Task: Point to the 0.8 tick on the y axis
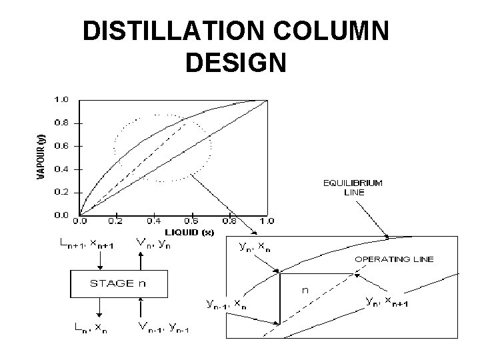[x=61, y=122]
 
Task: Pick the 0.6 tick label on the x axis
[x=191, y=221]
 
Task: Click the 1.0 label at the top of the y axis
[x=61, y=99]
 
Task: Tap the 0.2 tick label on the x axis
[x=115, y=221]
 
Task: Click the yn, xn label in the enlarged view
[x=255, y=247]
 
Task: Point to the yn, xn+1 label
[x=389, y=301]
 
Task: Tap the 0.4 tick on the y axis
[x=61, y=169]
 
